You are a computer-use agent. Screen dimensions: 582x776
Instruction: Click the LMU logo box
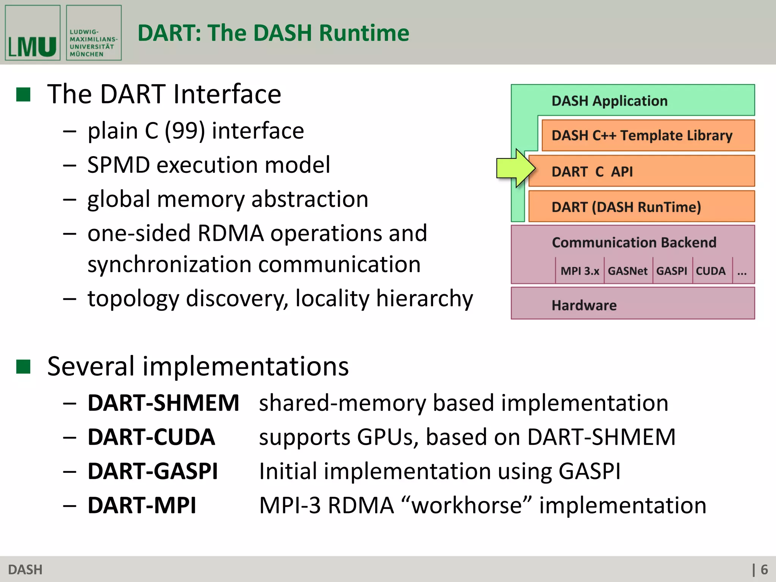coord(33,33)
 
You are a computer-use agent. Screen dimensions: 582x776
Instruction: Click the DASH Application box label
coord(609,101)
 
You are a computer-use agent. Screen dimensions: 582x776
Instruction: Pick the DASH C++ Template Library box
coord(648,136)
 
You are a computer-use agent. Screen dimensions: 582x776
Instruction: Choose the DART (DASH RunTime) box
coord(641,207)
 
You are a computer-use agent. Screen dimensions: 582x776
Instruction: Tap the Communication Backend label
coord(634,242)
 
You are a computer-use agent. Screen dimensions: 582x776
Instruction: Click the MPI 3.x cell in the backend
coord(580,271)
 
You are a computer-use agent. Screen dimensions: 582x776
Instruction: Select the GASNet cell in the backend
coord(628,271)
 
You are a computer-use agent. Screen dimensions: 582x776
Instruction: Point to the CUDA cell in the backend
coord(711,271)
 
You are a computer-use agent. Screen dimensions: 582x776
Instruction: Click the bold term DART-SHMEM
coord(163,403)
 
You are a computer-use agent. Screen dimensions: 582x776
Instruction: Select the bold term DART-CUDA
coord(151,437)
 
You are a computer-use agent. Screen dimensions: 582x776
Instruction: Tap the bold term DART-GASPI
coord(153,471)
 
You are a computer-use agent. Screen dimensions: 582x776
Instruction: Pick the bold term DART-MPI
coord(142,505)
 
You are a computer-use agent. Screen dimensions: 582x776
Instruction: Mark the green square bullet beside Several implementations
coord(23,366)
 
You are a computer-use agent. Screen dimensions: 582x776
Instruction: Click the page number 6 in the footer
coord(764,569)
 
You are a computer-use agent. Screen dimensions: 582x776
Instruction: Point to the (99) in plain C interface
coord(185,131)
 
